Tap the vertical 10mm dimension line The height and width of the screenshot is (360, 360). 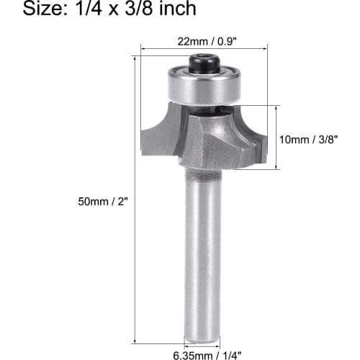pyautogui.click(x=276, y=137)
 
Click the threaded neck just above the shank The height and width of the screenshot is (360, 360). pyautogui.click(x=204, y=174)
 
